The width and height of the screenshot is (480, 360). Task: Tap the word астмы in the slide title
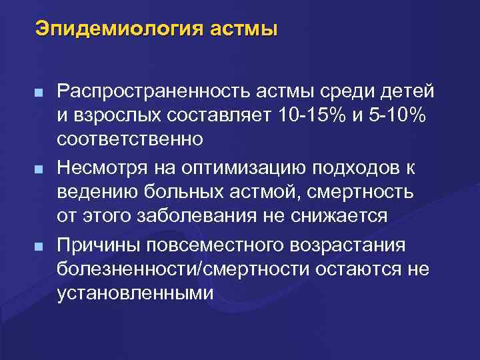[x=243, y=29]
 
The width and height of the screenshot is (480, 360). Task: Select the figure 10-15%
[x=311, y=115]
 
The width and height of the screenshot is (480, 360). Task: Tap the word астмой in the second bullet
[x=263, y=192]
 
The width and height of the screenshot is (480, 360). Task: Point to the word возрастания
[x=347, y=244]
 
